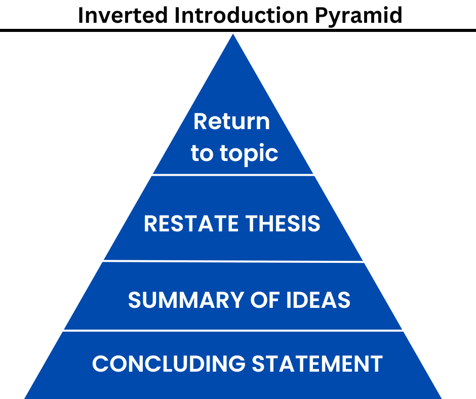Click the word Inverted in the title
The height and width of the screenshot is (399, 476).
tap(123, 15)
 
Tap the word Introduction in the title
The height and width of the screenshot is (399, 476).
tap(242, 15)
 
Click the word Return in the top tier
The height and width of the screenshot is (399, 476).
tap(231, 122)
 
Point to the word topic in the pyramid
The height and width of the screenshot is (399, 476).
tap(249, 154)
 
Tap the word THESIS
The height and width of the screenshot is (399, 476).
tap(283, 223)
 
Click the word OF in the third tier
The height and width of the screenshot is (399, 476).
tap(264, 300)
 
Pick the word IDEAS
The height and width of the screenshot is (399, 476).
tap(318, 300)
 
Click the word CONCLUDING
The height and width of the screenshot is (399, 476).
tap(169, 364)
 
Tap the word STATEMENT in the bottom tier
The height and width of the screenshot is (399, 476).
tap(317, 364)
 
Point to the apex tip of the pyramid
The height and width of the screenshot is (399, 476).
tap(233, 34)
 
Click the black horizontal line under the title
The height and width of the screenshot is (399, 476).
tap(238, 30)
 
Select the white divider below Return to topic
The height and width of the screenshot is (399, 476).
tap(233, 175)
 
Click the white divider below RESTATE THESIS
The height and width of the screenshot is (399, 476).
tap(233, 261)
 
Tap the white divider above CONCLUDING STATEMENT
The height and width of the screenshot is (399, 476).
tap(233, 330)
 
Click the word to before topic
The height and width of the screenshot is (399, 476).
tap(202, 153)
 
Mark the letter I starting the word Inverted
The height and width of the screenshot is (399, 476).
tap(81, 15)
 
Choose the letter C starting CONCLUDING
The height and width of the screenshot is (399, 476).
tap(100, 364)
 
